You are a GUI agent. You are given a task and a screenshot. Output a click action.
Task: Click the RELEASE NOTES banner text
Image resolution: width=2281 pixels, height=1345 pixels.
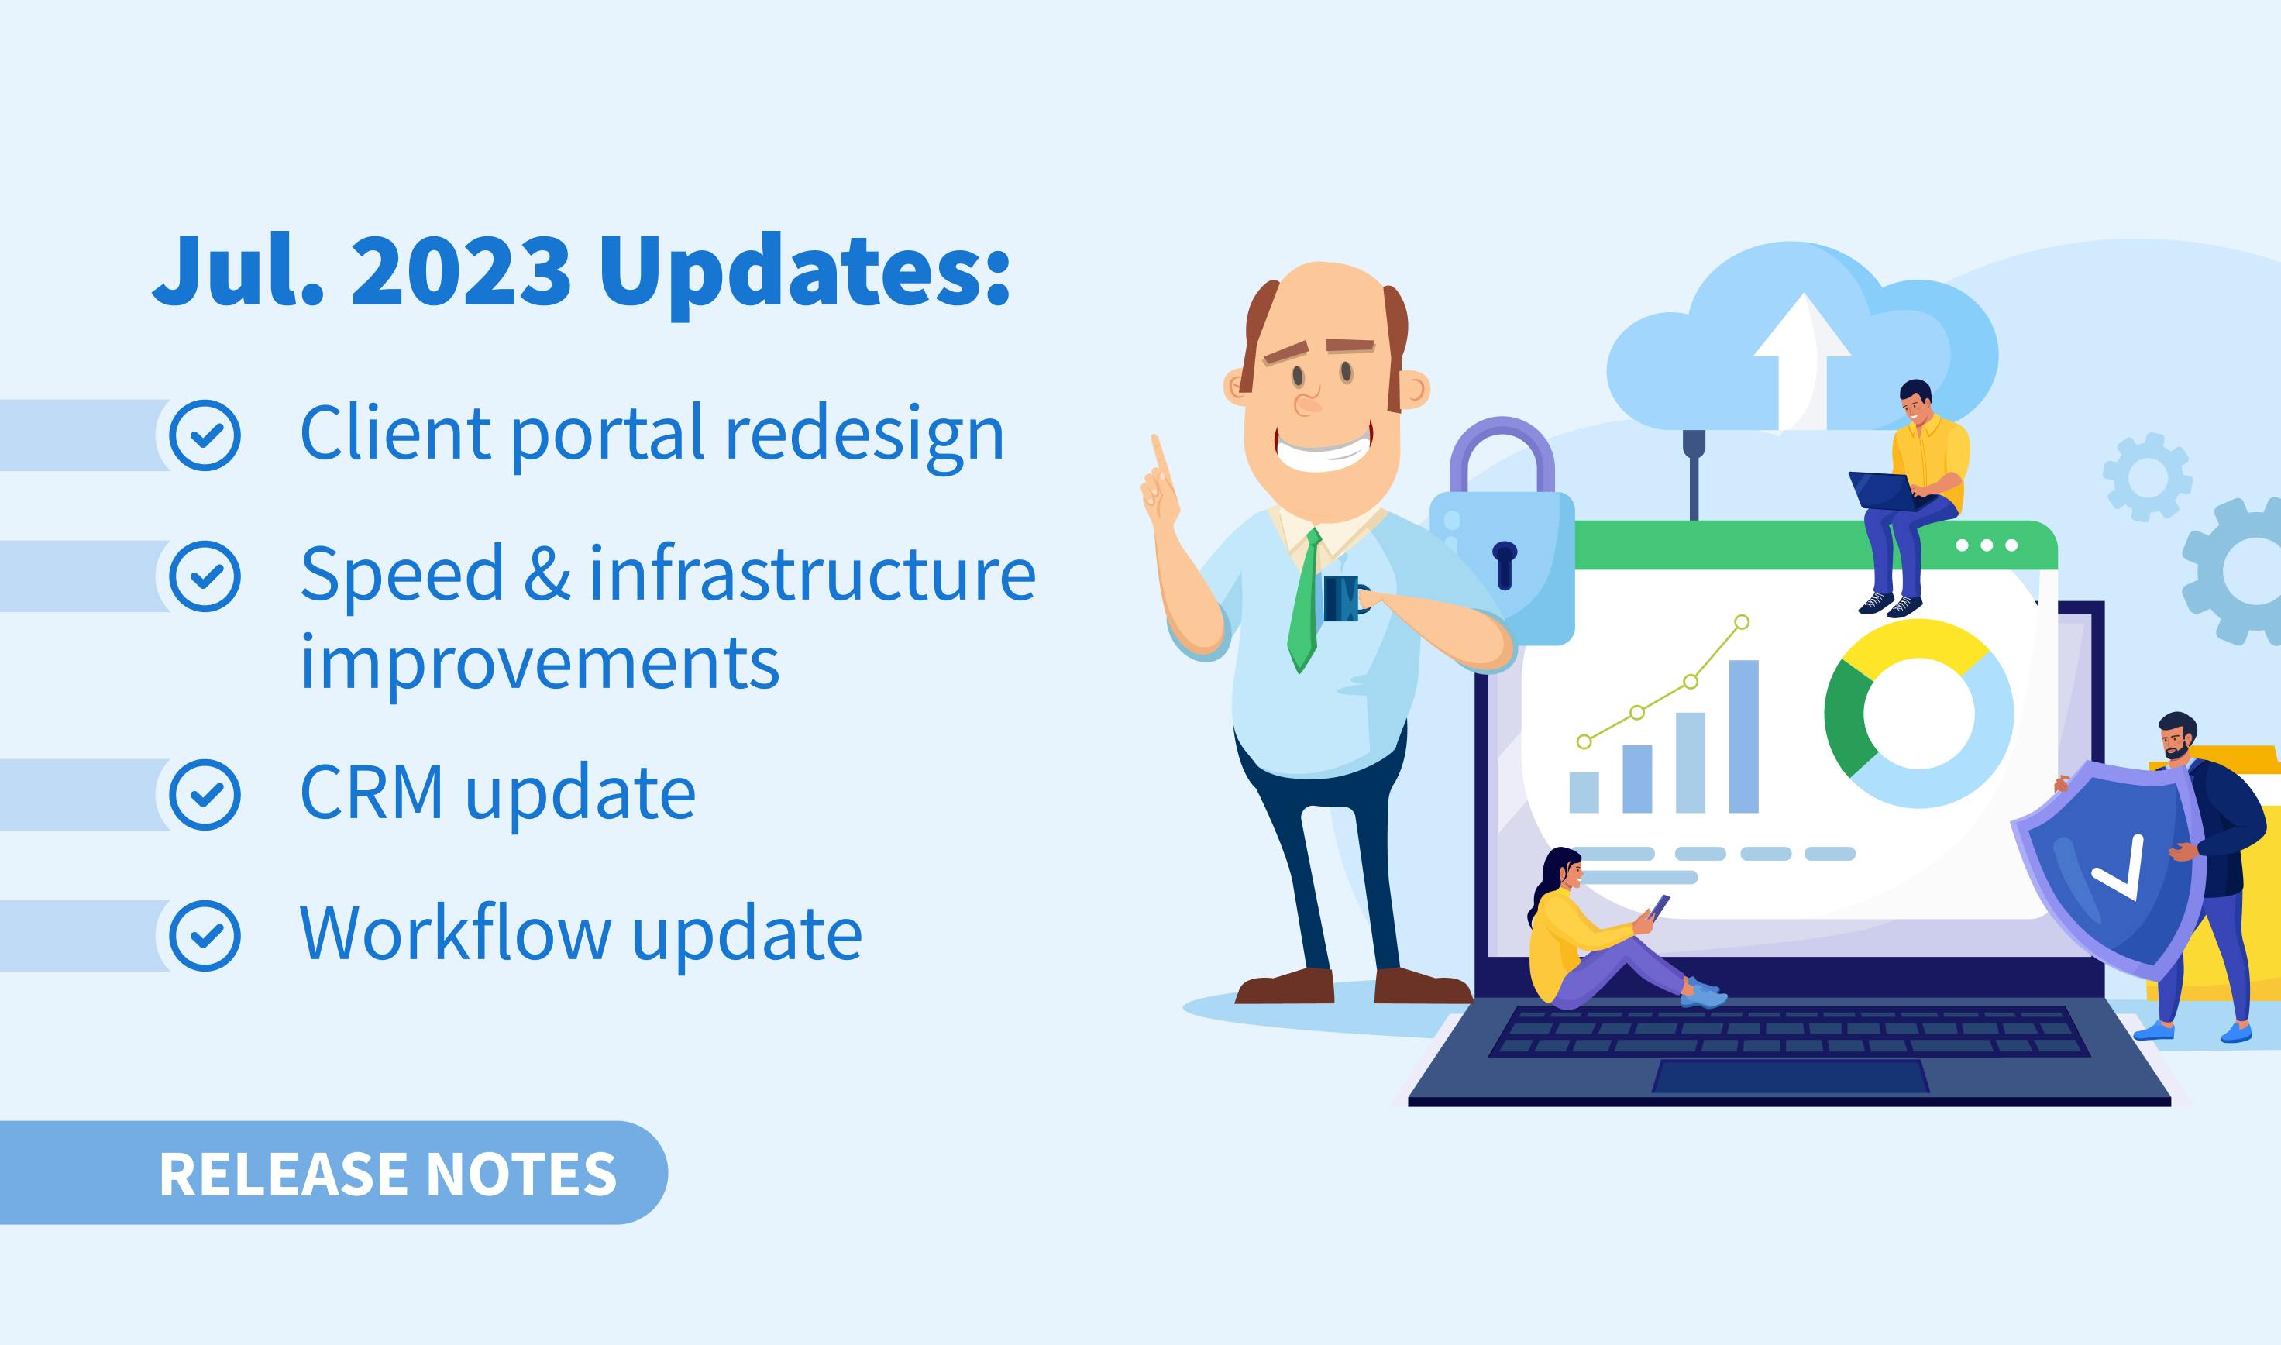click(388, 1175)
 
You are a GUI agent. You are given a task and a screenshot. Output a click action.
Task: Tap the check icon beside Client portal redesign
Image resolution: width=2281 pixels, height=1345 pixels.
click(206, 435)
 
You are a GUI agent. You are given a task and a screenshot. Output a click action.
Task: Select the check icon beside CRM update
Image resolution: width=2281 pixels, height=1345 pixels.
click(206, 795)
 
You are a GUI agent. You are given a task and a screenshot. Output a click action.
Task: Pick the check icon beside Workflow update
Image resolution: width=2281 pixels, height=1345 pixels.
click(206, 936)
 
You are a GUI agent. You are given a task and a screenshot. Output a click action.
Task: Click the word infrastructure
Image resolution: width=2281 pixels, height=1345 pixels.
click(813, 573)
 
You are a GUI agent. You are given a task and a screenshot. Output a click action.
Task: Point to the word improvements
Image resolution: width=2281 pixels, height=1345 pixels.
click(539, 662)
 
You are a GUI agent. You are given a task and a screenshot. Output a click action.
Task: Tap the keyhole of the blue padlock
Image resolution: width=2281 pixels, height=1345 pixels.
click(1505, 565)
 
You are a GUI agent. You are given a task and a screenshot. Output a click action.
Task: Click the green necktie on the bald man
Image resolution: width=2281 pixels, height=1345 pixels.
click(1303, 603)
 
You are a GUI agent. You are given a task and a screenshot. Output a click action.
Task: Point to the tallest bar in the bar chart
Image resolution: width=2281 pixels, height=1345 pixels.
click(1743, 736)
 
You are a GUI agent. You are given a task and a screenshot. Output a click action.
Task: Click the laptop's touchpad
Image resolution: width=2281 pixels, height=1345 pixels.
click(1791, 1076)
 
